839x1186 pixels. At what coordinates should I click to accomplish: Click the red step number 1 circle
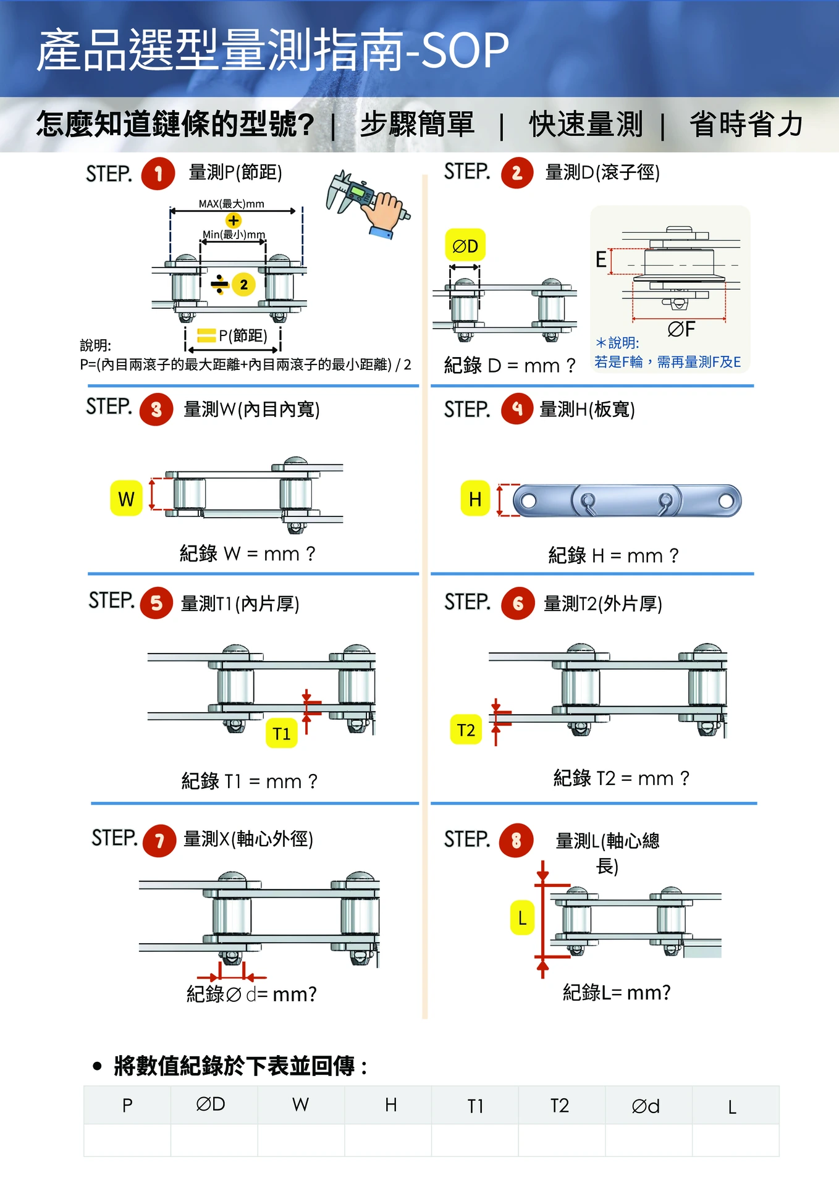click(158, 174)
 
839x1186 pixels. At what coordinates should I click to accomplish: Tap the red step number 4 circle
click(517, 408)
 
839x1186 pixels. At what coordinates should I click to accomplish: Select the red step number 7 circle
click(159, 841)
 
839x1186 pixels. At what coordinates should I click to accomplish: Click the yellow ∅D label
click(465, 246)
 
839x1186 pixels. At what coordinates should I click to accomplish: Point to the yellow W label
click(126, 498)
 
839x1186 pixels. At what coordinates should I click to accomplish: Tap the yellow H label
click(475, 499)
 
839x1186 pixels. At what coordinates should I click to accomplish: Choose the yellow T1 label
click(282, 733)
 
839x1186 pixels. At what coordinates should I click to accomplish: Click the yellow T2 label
click(466, 730)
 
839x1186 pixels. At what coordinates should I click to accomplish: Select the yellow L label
click(522, 918)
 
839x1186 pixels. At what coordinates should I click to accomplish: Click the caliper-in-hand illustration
click(368, 203)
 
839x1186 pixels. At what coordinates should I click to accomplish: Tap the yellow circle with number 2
click(243, 284)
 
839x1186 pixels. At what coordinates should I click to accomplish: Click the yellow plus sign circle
click(233, 221)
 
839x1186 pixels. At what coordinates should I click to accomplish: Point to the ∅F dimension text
click(681, 329)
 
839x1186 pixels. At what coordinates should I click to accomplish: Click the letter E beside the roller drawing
click(601, 259)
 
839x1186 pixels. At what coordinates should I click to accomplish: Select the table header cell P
click(127, 1106)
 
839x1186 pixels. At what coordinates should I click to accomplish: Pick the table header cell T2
click(560, 1106)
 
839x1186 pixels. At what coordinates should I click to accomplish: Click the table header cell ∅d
click(646, 1106)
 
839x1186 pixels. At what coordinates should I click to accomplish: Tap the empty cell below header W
click(301, 1140)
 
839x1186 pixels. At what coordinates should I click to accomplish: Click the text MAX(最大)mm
click(231, 204)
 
